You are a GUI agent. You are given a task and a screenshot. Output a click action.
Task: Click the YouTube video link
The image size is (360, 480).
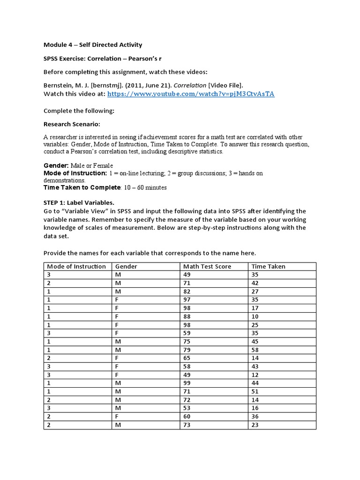click(191, 94)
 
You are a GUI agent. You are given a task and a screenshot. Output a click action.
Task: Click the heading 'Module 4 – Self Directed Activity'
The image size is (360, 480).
click(93, 45)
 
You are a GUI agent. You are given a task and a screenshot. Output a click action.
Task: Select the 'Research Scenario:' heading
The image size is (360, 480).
click(72, 124)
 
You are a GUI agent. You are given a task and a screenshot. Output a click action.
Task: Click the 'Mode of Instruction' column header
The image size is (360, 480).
click(76, 266)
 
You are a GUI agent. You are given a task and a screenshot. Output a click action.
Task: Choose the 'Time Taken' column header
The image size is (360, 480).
click(268, 266)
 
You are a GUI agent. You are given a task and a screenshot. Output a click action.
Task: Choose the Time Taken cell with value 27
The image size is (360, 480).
click(255, 291)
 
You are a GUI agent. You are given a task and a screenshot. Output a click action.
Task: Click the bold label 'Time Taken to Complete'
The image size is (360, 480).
click(82, 187)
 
